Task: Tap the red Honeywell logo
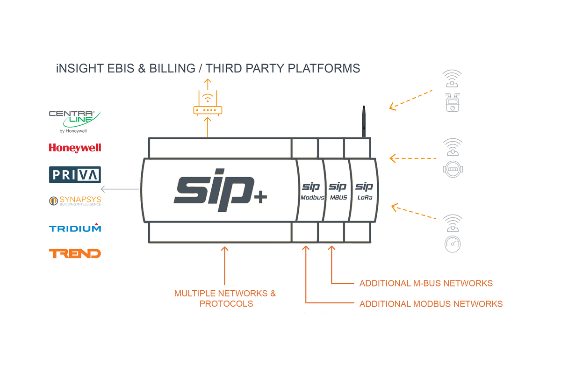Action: [x=75, y=148]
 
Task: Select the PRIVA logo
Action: [x=75, y=174]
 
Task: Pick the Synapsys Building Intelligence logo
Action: [x=75, y=201]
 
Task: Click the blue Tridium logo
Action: [x=75, y=228]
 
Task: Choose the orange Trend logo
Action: [x=75, y=253]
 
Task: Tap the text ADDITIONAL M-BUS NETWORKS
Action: [x=426, y=283]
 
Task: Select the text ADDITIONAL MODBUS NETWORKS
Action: [x=431, y=304]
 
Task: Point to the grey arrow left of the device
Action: [x=120, y=189]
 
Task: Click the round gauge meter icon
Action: [x=453, y=244]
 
